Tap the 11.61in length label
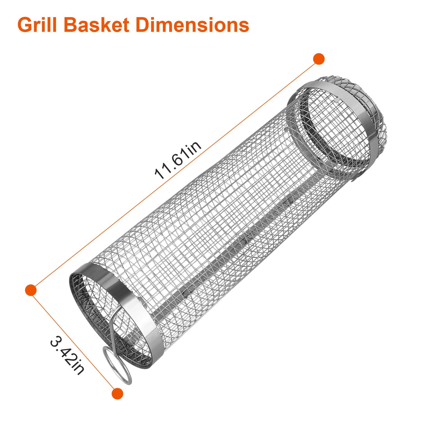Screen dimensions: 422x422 tap(178, 160)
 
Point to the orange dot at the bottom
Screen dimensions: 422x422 tap(117, 393)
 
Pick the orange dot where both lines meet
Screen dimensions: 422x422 tap(31, 290)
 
